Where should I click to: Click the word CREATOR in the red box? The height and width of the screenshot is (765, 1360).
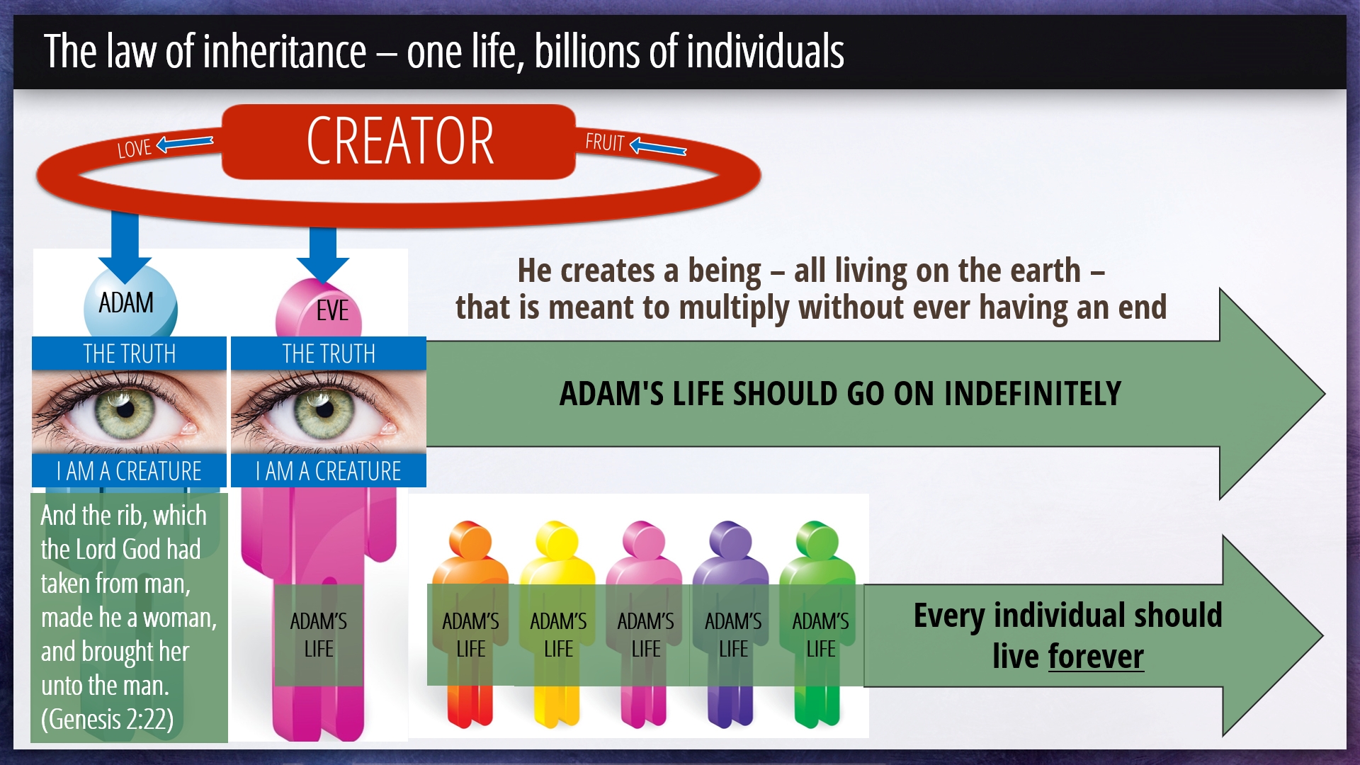point(400,141)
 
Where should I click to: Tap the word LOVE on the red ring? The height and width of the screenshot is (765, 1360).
point(135,148)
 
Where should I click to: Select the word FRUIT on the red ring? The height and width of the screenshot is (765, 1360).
point(604,142)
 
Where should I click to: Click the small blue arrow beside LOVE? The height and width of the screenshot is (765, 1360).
point(185,143)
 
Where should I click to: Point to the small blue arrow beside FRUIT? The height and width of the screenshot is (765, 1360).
point(658,147)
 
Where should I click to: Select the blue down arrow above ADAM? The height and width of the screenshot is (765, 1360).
point(125,247)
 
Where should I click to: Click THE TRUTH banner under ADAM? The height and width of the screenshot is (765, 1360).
point(129,353)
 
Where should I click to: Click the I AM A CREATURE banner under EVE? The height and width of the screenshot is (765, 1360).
point(329,470)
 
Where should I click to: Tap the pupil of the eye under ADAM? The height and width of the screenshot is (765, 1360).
point(126,409)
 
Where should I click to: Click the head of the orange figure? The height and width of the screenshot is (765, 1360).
point(470,541)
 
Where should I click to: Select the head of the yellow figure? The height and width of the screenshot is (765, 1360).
point(557,541)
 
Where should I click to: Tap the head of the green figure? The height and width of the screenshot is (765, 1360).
point(818,541)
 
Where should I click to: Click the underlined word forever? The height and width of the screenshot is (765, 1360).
point(1096,656)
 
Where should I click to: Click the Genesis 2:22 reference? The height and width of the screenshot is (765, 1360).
point(107,719)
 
